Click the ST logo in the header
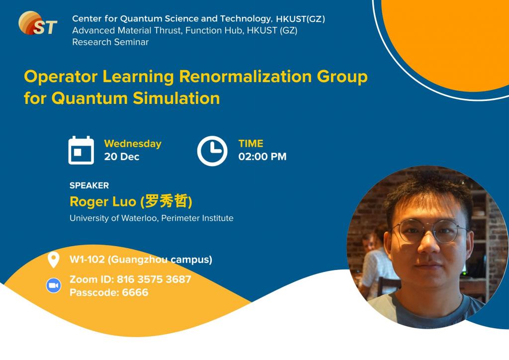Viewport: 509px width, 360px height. tap(38, 23)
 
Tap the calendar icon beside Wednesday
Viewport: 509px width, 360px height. tap(81, 150)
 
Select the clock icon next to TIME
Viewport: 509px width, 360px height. tap(212, 150)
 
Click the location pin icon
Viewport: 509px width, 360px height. tap(53, 260)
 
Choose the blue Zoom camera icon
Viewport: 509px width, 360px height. tap(53, 286)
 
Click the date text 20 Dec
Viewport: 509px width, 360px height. tap(122, 157)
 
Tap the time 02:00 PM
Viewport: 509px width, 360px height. tap(262, 157)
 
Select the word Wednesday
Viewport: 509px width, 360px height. tap(133, 144)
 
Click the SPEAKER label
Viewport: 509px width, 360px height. tap(89, 185)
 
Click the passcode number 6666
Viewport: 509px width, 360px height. tap(135, 292)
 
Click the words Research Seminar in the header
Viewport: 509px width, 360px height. tap(110, 42)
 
